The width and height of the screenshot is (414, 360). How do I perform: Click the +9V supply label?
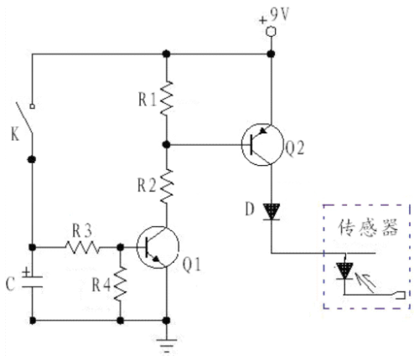click(274, 15)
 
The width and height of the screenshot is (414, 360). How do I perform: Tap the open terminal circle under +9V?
click(271, 32)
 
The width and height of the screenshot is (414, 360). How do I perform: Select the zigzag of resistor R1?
click(167, 98)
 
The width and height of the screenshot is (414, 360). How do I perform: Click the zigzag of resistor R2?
click(167, 186)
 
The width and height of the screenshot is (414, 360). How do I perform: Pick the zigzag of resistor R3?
click(82, 247)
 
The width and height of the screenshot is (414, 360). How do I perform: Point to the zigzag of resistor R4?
click(121, 284)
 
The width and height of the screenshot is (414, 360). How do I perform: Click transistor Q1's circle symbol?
click(158, 247)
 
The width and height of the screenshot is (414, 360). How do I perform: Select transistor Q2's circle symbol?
click(262, 145)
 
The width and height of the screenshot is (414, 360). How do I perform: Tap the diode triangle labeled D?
click(272, 212)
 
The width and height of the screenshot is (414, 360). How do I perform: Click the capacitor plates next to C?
click(33, 281)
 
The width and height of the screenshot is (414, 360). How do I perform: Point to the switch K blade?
click(24, 117)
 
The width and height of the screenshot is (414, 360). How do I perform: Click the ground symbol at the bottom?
click(167, 346)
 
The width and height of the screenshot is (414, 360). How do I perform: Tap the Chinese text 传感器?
click(368, 228)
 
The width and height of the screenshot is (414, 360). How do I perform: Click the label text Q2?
click(294, 148)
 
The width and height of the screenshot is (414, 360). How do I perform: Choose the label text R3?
click(82, 231)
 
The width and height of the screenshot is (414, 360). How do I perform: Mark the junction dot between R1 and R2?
click(167, 145)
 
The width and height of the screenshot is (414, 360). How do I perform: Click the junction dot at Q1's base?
click(121, 247)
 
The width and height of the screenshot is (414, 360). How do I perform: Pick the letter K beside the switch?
click(15, 134)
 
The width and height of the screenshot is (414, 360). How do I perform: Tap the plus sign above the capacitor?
click(26, 271)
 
